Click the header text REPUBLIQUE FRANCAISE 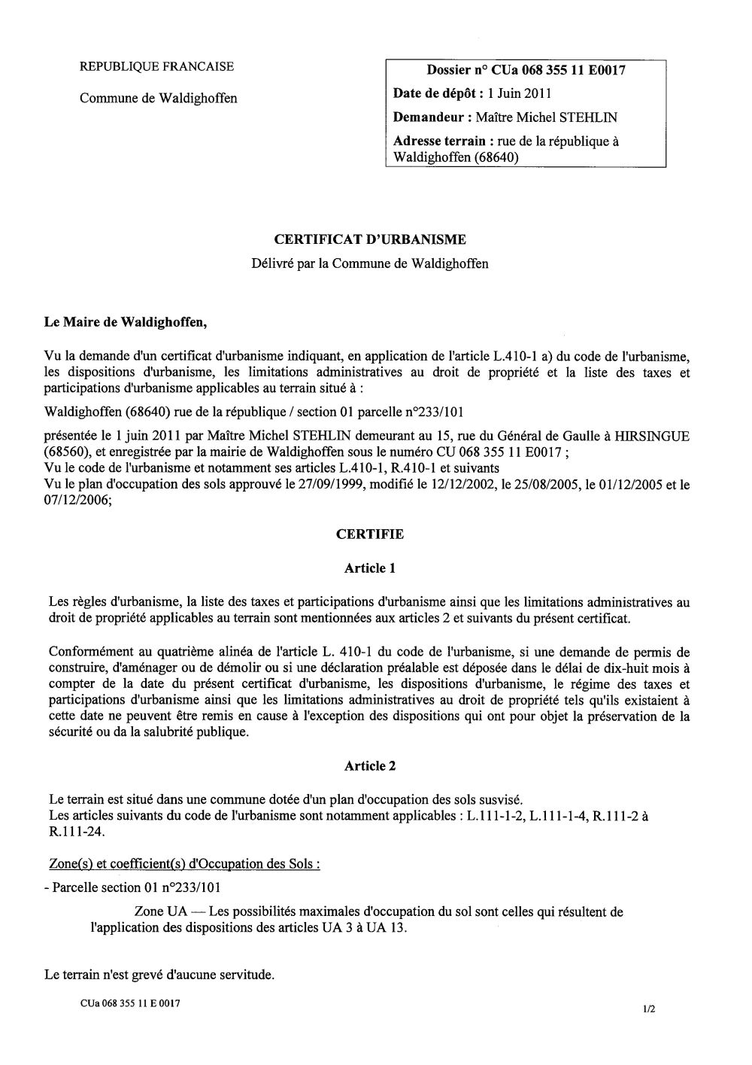coord(156,66)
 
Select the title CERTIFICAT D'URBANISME coord(369,239)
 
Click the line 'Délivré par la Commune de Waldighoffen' coord(369,263)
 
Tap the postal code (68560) coord(69,452)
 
